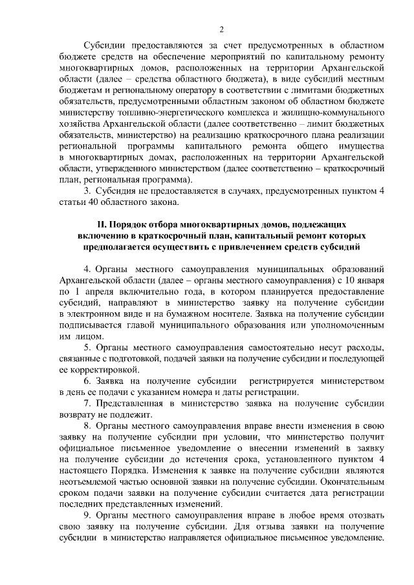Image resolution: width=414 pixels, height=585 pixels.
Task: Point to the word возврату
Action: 78,414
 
